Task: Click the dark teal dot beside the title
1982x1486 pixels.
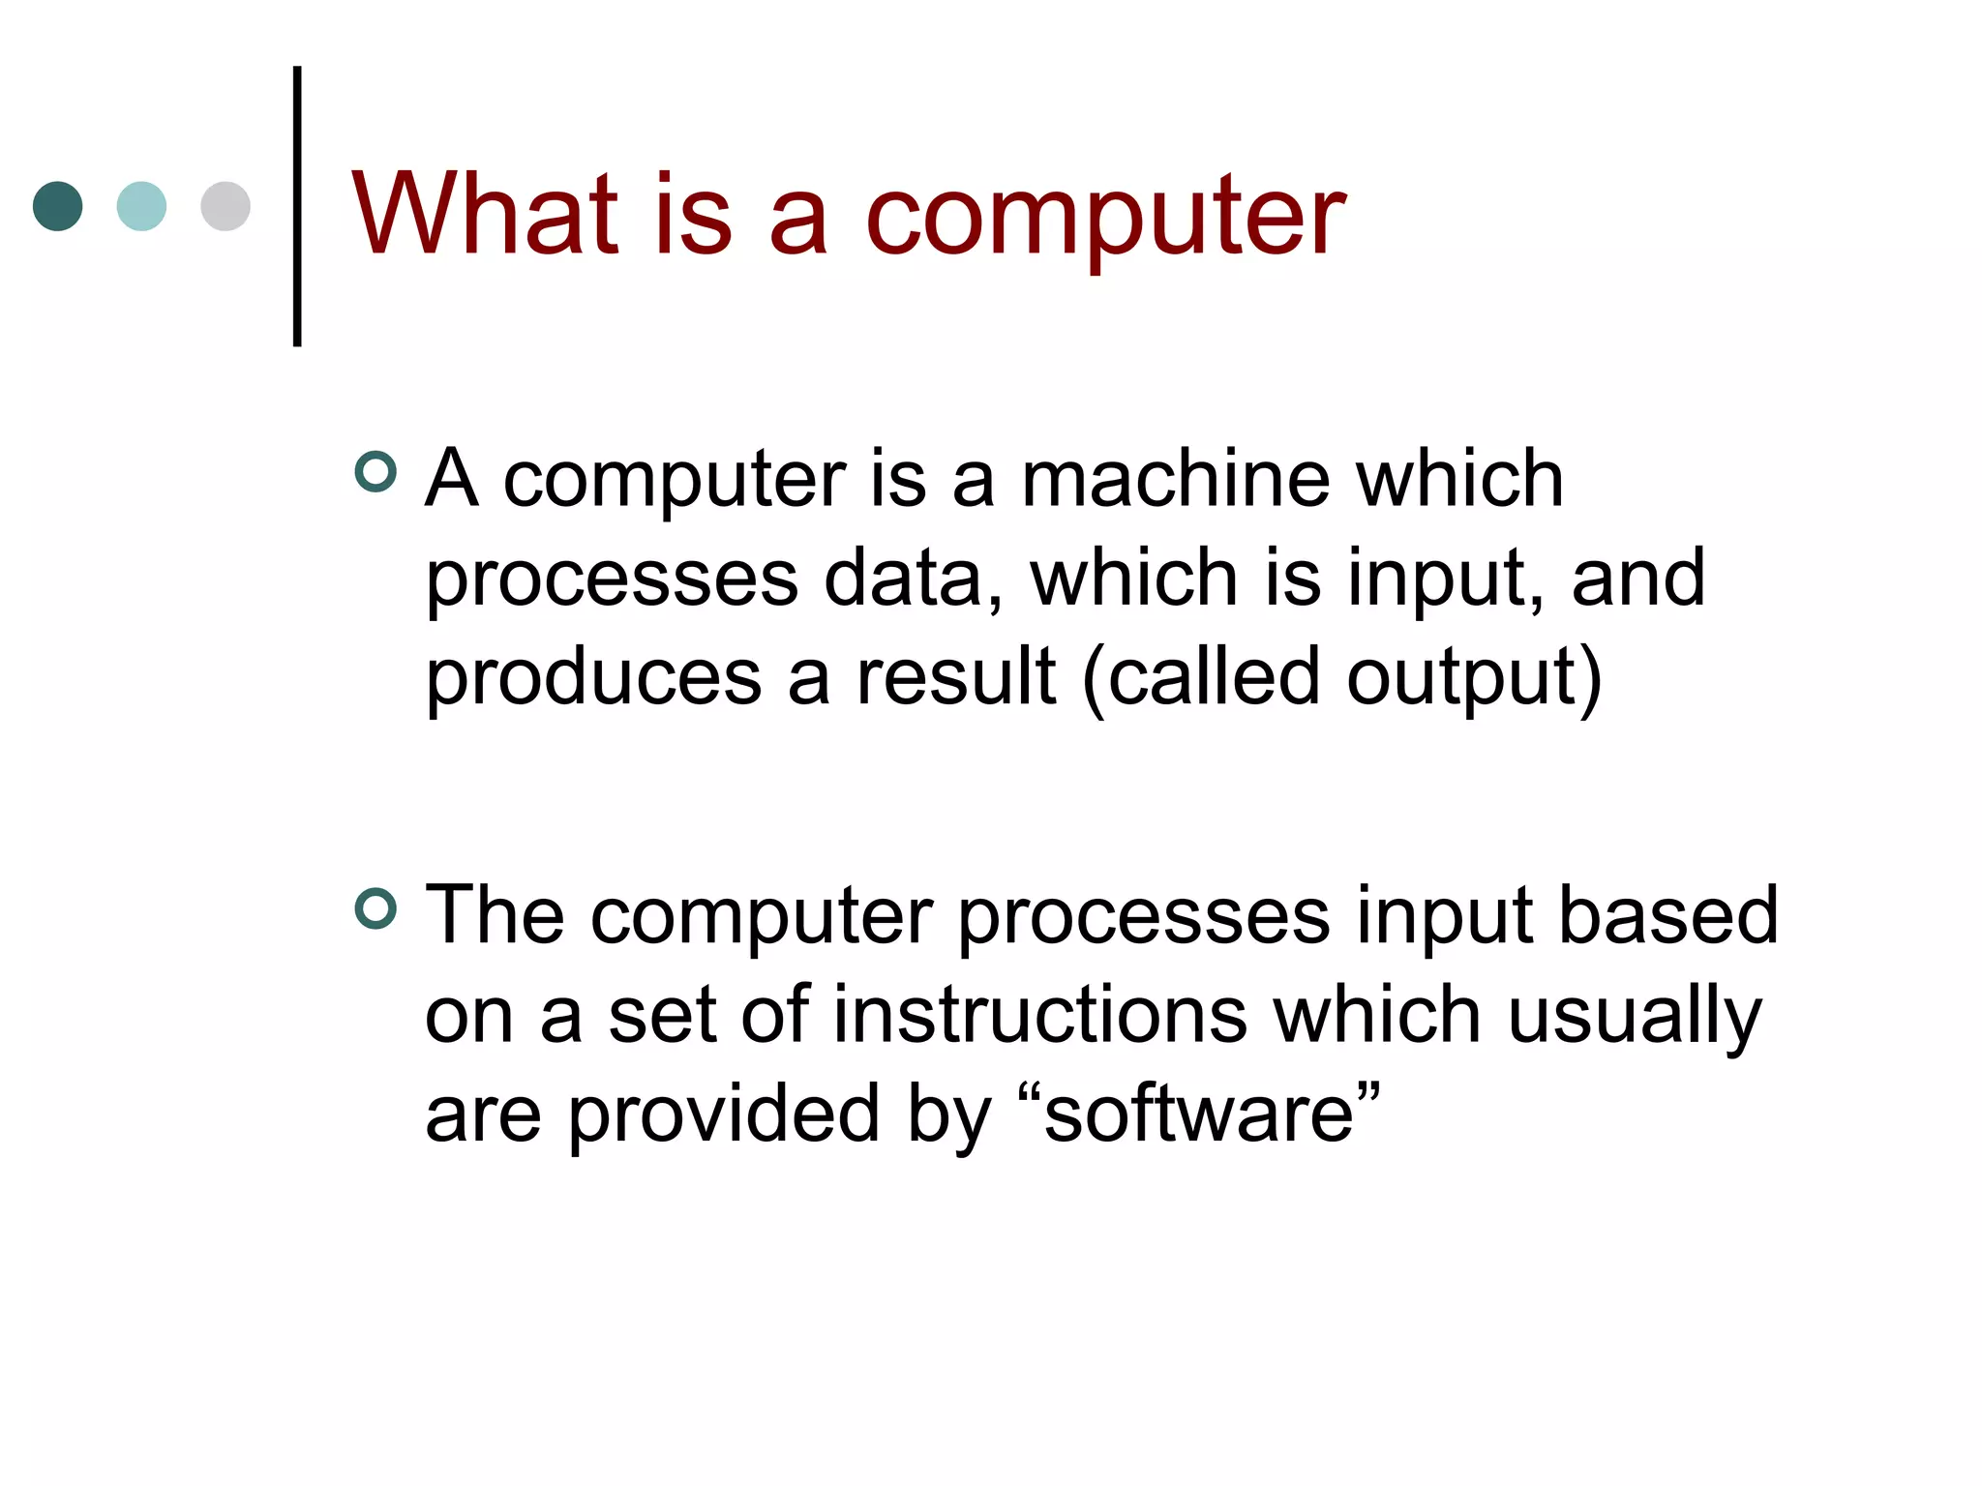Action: pos(57,206)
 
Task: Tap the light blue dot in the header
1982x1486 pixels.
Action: pos(141,206)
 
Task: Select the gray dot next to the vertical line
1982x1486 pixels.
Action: pos(225,206)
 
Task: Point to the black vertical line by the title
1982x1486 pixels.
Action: pos(297,206)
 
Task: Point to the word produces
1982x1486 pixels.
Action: pos(593,677)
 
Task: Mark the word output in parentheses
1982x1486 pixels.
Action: pos(1462,677)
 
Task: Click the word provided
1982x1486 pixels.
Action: pos(725,1114)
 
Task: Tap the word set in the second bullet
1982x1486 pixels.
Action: pos(662,1016)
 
